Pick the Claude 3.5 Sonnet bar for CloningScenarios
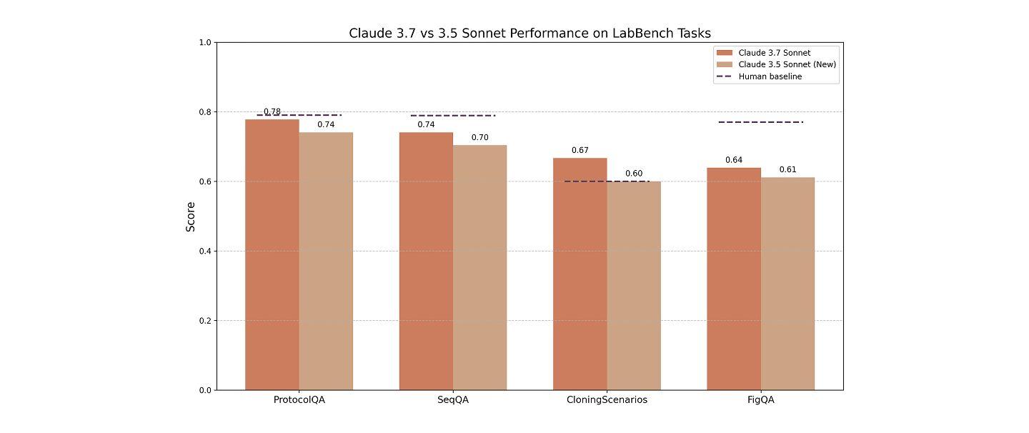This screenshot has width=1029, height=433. point(634,286)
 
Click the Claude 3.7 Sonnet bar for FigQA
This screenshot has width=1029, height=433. point(734,279)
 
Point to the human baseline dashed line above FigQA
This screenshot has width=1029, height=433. point(760,122)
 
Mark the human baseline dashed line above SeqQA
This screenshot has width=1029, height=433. point(452,115)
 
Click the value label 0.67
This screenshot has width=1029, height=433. point(580,151)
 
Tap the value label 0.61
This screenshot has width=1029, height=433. point(787,170)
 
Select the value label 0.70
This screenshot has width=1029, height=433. point(479,138)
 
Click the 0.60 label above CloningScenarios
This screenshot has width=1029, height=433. point(634,174)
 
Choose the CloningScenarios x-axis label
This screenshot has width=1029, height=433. point(607,400)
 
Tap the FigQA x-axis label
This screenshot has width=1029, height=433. point(760,400)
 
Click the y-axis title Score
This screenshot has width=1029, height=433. point(191,216)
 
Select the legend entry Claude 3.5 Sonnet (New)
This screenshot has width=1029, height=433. point(787,64)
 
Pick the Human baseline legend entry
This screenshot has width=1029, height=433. point(770,76)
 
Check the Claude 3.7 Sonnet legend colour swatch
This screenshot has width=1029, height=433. point(725,53)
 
